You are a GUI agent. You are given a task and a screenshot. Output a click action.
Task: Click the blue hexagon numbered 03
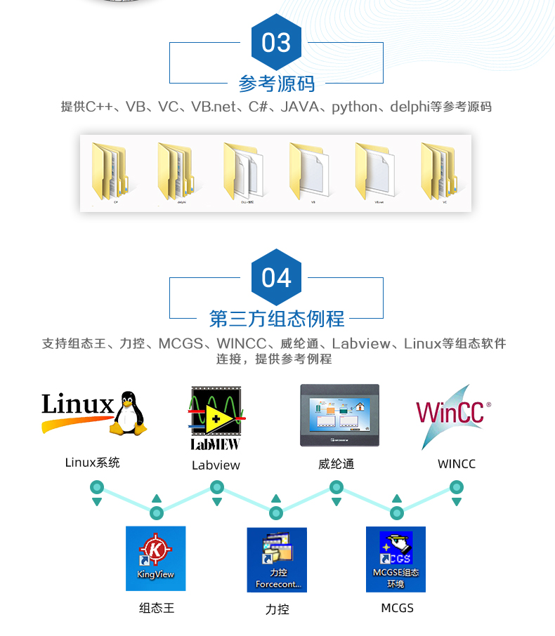click(276, 43)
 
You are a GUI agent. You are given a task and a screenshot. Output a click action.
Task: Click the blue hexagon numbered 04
click(276, 278)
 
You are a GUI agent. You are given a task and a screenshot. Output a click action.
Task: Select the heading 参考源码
click(277, 84)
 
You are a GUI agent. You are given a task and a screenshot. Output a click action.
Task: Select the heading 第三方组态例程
click(277, 319)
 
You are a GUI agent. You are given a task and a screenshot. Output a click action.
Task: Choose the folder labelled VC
click(442, 171)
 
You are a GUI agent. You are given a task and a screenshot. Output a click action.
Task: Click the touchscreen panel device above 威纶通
click(339, 415)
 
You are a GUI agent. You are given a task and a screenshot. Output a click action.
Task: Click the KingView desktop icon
click(155, 559)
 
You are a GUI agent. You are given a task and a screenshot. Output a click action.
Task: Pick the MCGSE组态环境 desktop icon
click(396, 559)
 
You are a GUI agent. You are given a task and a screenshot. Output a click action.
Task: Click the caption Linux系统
click(92, 463)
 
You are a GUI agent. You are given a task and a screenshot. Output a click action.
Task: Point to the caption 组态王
click(156, 608)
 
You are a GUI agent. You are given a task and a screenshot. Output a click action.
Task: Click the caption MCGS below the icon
click(397, 608)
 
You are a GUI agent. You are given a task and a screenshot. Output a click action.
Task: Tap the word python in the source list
click(355, 107)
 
